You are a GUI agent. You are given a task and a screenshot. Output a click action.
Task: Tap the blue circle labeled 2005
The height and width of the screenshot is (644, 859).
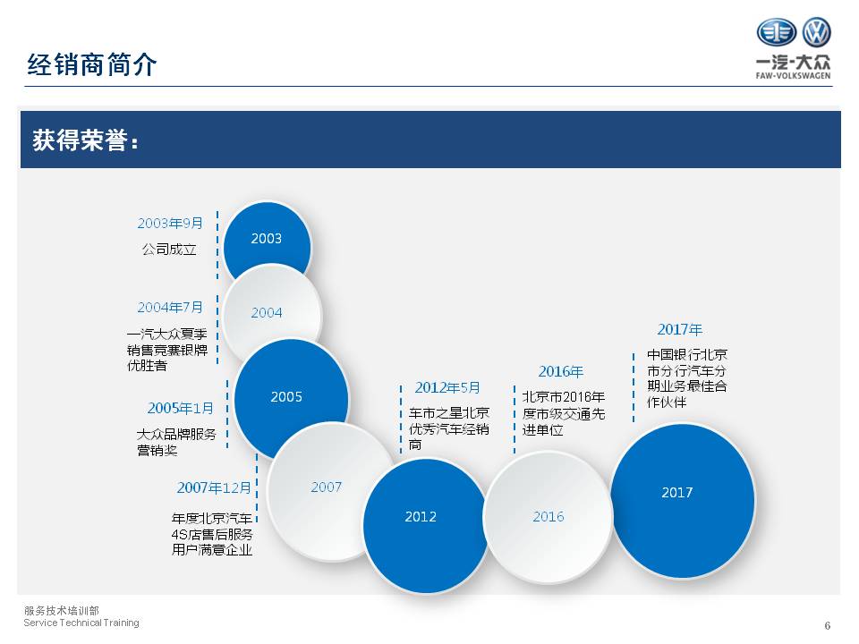pyautogui.click(x=291, y=399)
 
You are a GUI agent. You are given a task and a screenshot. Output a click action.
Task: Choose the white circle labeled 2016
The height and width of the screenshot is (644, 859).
pyautogui.click(x=548, y=516)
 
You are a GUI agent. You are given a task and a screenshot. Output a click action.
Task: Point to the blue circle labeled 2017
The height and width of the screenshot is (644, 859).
pyautogui.click(x=683, y=500)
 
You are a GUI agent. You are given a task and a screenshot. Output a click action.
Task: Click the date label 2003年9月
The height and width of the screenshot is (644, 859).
pyautogui.click(x=170, y=224)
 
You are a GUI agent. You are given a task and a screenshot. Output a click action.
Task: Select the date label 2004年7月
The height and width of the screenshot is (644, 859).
pyautogui.click(x=170, y=307)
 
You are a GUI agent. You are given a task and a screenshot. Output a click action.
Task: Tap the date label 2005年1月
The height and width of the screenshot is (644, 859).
pyautogui.click(x=180, y=408)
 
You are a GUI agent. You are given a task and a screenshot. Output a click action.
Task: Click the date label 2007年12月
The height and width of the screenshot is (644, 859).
pyautogui.click(x=214, y=487)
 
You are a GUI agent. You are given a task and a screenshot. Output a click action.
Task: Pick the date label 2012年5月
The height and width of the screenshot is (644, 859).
pyautogui.click(x=447, y=387)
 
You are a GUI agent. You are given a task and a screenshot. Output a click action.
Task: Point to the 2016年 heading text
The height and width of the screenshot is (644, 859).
pyautogui.click(x=560, y=372)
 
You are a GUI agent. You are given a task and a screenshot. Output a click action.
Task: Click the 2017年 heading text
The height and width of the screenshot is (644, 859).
pyautogui.click(x=680, y=330)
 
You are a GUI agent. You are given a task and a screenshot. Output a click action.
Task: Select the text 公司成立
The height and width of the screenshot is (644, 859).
pyautogui.click(x=169, y=250)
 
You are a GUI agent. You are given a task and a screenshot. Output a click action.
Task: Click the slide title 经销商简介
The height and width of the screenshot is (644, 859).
pyautogui.click(x=92, y=64)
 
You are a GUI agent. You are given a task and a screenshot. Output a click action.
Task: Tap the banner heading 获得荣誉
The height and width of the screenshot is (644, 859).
pyautogui.click(x=85, y=140)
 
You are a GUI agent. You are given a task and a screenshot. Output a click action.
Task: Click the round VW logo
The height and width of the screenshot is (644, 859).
pyautogui.click(x=816, y=32)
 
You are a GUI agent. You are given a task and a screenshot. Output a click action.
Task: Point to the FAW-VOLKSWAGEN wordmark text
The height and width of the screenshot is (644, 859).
pyautogui.click(x=794, y=75)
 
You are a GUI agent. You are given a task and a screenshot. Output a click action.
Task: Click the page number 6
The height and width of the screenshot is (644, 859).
pyautogui.click(x=827, y=625)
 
